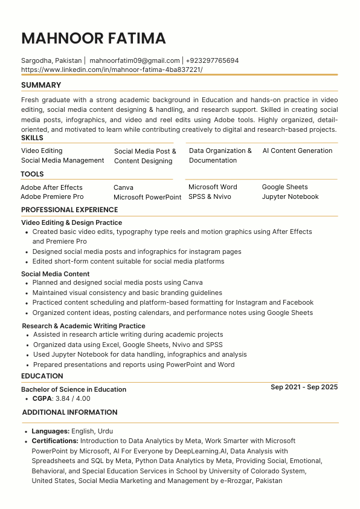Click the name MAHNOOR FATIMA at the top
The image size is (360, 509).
[94, 39]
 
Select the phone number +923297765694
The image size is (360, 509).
[212, 60]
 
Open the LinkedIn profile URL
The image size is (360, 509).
[112, 70]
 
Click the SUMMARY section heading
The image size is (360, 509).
[41, 85]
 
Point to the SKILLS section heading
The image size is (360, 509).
[32, 138]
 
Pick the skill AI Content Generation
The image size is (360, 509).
[297, 151]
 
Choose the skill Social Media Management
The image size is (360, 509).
[63, 160]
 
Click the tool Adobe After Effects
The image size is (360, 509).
[51, 187]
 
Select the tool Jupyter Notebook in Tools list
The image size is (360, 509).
[290, 196]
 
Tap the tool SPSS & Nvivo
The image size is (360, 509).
[210, 196]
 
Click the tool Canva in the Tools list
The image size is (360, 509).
[123, 187]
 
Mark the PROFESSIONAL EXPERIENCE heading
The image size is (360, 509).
[69, 210]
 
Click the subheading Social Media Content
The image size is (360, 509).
[55, 274]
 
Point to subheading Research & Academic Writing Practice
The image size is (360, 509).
[83, 326]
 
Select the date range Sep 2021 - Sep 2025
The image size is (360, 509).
[304, 387]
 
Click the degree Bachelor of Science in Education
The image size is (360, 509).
[74, 389]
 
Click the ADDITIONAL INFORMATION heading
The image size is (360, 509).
[69, 412]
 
